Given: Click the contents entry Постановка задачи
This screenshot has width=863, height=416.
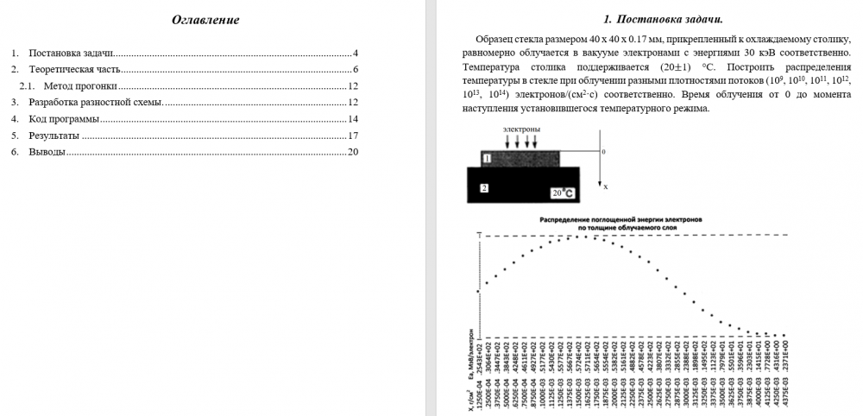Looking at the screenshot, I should point(71,53).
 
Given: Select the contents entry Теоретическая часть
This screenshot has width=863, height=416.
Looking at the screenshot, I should point(75,69).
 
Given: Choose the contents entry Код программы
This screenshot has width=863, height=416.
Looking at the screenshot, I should point(63,119).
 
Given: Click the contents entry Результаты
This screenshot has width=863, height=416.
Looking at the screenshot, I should point(54,136).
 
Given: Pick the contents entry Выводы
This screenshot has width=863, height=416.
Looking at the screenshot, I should point(47,152).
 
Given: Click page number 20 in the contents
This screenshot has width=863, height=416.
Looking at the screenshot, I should point(352,152).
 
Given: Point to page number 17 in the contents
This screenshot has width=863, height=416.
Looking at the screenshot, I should point(352,136).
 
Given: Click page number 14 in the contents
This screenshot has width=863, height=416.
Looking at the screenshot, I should point(352,119).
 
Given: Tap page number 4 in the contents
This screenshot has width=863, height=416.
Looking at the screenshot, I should point(355,53).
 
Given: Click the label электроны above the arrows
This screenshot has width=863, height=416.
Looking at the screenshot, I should point(521,129).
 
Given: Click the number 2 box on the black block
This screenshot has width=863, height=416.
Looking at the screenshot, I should point(485,186).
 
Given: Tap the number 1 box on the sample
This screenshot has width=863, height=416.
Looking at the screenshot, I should point(487,159).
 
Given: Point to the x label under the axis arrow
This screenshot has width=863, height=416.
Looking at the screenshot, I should point(605,186).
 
